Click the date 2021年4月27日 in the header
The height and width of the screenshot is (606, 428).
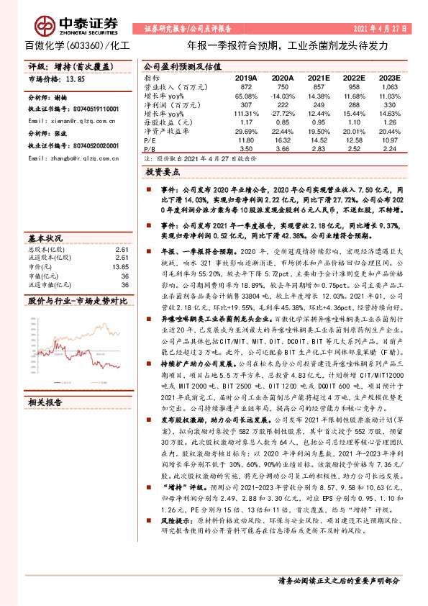coord(380,28)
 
